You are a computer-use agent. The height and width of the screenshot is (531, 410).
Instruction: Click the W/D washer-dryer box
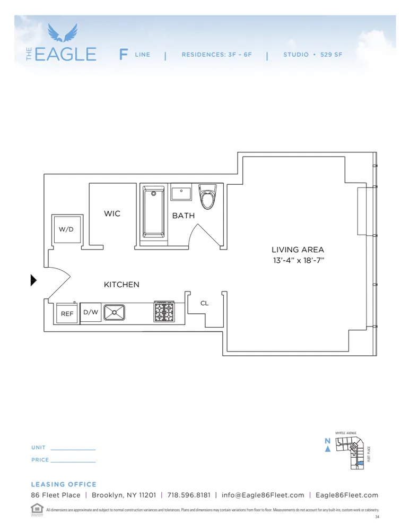tap(67, 229)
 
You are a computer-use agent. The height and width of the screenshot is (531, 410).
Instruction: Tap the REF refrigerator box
tap(67, 313)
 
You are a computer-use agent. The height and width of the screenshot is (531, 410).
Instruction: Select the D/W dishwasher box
tap(91, 312)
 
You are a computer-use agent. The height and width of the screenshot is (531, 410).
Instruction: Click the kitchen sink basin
tap(114, 312)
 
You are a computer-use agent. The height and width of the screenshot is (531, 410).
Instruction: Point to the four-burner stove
tap(164, 312)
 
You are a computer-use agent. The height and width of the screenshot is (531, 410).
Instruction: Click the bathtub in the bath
tap(154, 212)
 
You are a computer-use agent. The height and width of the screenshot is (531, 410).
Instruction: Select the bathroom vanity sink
tap(181, 192)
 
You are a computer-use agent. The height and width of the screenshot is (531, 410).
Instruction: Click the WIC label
tap(112, 213)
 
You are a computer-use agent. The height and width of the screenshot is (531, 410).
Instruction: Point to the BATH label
tap(183, 216)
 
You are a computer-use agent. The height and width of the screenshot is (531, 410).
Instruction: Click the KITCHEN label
tap(121, 285)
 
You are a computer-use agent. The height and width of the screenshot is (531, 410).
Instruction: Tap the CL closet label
tap(204, 303)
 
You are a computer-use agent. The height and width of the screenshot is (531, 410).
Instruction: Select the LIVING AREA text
tap(298, 250)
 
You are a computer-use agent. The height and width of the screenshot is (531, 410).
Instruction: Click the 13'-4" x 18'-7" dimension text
tap(298, 261)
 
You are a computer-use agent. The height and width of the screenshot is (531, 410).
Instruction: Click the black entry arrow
tap(33, 280)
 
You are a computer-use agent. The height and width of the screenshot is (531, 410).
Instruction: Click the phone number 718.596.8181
tap(189, 495)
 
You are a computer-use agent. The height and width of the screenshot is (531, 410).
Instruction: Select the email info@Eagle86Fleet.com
tap(263, 495)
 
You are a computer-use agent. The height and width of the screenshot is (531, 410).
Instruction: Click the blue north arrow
tap(328, 449)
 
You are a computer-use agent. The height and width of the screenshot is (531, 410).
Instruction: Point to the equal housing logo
tap(37, 508)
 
